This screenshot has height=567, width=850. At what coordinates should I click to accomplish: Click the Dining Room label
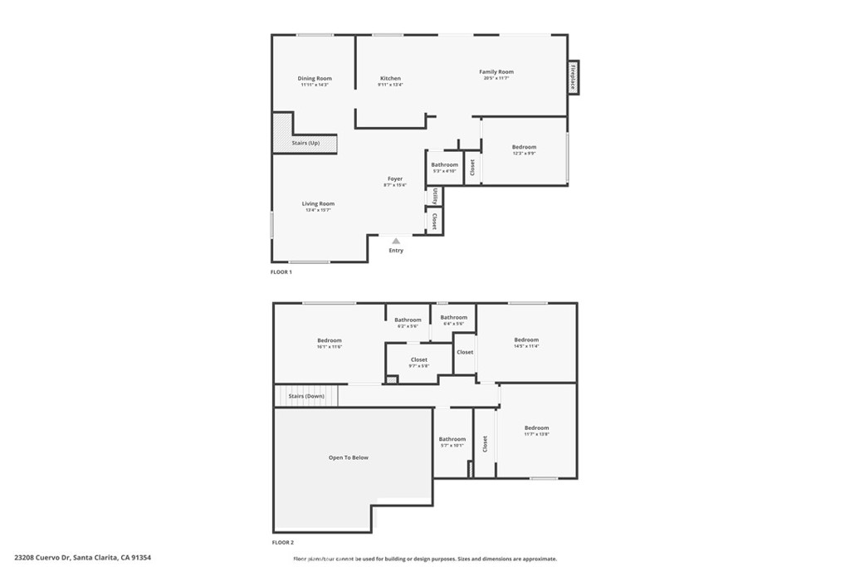pyautogui.click(x=315, y=79)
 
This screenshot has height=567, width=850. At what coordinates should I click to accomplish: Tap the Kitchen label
pyautogui.click(x=390, y=79)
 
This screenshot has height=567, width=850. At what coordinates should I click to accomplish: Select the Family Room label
pyautogui.click(x=496, y=72)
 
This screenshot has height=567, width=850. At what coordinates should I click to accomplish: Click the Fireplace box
pyautogui.click(x=573, y=77)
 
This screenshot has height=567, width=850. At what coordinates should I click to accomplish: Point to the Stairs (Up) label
pyautogui.click(x=305, y=143)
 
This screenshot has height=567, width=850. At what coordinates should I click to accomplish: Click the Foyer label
pyautogui.click(x=395, y=179)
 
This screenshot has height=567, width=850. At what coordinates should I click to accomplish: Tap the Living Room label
pyautogui.click(x=318, y=204)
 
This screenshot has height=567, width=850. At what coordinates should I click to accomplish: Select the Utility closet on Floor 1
pyautogui.click(x=435, y=196)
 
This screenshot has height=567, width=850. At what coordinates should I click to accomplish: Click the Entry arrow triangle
pyautogui.click(x=396, y=241)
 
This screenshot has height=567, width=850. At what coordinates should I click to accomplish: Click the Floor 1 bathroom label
pyautogui.click(x=445, y=165)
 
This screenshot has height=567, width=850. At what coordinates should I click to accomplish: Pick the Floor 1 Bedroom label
pyautogui.click(x=524, y=148)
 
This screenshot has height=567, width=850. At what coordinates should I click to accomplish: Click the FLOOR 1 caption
pyautogui.click(x=281, y=272)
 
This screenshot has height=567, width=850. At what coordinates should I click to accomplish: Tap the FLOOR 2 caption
pyautogui.click(x=282, y=542)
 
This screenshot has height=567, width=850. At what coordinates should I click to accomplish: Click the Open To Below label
pyautogui.click(x=349, y=457)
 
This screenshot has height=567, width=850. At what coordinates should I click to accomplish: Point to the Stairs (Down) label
pyautogui.click(x=306, y=396)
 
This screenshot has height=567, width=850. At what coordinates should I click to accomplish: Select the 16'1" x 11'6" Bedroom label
pyautogui.click(x=329, y=340)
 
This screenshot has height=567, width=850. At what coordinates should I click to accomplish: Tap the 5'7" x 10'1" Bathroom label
pyautogui.click(x=452, y=439)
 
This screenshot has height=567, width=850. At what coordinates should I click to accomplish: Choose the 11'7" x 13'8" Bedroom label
pyautogui.click(x=537, y=428)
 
